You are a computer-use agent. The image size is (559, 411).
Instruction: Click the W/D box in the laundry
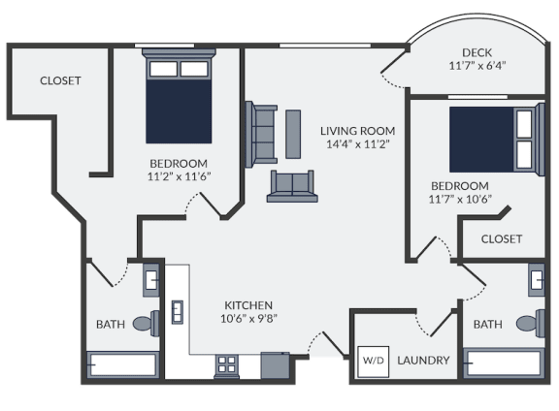coord(374,362)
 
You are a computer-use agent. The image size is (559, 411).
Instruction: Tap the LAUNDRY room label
coord(423,361)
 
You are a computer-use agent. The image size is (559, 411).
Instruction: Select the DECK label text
coord(477,52)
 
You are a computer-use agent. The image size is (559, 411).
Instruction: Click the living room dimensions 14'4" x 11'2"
coord(357,144)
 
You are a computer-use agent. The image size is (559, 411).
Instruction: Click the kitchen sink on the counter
coord(178,312)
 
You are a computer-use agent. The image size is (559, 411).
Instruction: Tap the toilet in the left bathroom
coord(147,323)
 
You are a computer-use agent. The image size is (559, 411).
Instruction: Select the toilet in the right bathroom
coord(531,324)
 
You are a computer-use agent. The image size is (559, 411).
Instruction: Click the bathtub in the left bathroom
coord(123,364)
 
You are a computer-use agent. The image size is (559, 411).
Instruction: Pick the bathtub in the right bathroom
coord(504,364)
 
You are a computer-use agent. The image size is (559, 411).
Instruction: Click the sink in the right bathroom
coord(536,279)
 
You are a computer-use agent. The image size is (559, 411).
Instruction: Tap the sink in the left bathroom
coord(151,280)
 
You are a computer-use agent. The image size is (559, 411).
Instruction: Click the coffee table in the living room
coord(293,134)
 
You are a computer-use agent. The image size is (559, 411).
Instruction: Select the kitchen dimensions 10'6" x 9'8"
coord(248,318)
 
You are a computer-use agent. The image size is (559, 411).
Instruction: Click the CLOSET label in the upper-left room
coord(60,80)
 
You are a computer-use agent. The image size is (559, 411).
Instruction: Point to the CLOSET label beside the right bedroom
coord(502,239)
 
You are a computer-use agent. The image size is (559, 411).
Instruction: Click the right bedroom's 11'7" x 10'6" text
coord(460,199)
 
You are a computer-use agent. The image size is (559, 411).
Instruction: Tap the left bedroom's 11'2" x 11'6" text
coord(179,176)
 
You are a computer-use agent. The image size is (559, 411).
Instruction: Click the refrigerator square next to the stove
coord(276,365)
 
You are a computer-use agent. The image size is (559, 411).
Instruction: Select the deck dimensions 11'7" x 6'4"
coord(477,66)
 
